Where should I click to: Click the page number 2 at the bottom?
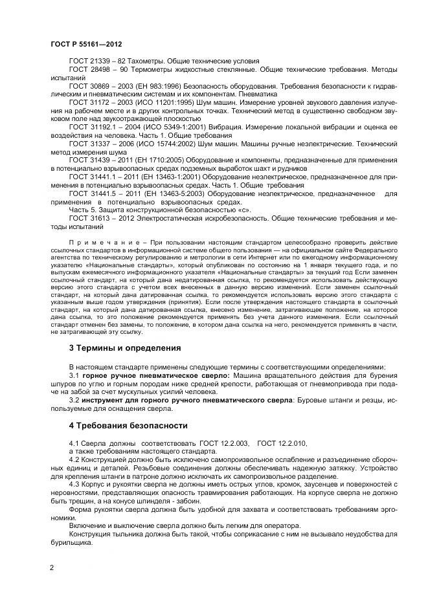tap(52, 568)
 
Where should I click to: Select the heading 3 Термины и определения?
tap(125, 348)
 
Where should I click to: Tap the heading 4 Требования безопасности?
tap(128, 426)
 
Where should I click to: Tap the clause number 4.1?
tap(74, 442)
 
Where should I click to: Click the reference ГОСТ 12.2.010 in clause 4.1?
tap(282, 442)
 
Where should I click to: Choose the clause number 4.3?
tap(74, 483)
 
